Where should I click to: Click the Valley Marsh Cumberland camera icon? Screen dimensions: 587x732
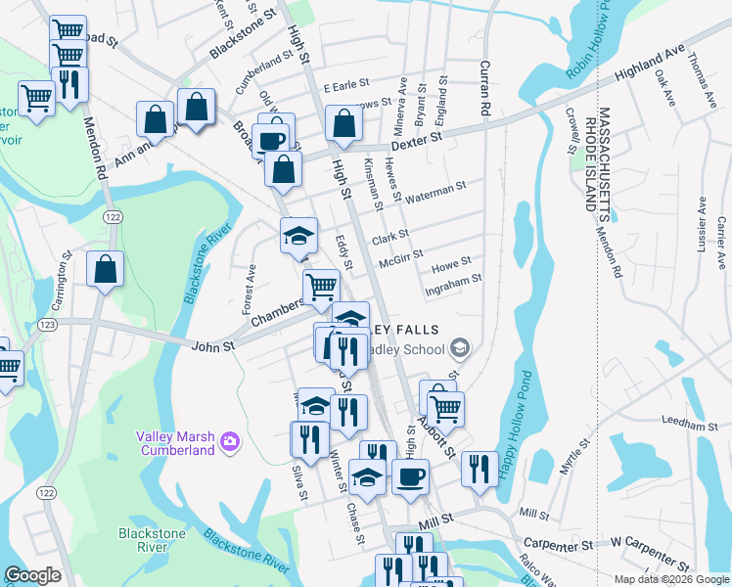point(229,441)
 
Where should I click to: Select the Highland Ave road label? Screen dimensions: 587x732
point(649,66)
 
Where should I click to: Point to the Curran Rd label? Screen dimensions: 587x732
point(484,88)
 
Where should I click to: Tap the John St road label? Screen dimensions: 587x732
point(213,345)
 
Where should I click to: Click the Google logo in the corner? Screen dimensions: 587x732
point(32,575)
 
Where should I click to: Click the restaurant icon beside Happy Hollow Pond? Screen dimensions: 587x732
point(480,468)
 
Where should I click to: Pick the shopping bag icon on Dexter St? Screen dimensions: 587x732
point(343,123)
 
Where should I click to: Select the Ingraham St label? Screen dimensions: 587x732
point(452,279)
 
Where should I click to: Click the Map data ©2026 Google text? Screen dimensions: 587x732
point(670,579)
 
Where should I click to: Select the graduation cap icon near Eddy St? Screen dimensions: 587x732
point(299,236)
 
